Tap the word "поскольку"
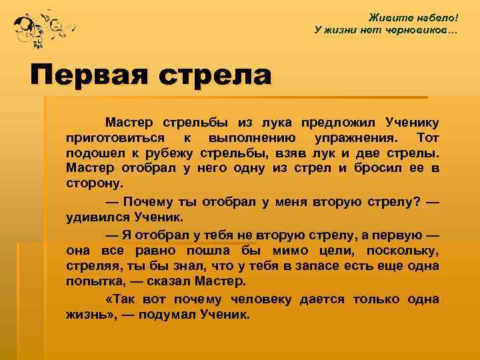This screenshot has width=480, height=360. (401, 250)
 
